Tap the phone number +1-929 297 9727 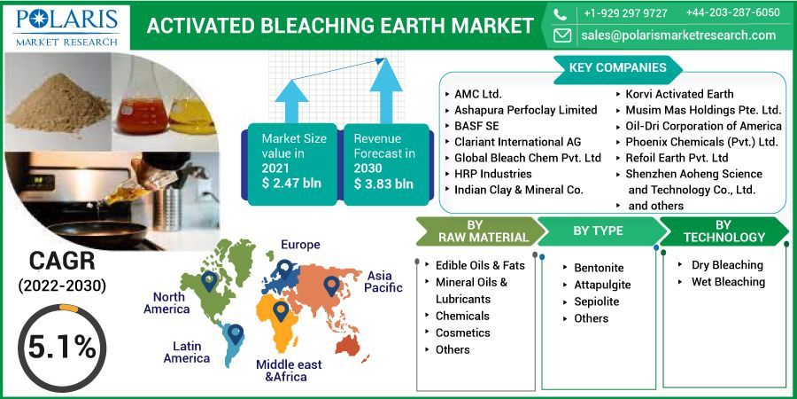pos(625,12)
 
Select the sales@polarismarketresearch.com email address pos(677,35)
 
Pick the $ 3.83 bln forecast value pos(383,184)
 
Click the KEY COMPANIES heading pos(617,67)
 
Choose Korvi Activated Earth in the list pos(679,94)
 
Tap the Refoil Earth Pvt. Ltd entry pos(677,158)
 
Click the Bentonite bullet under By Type pos(599,268)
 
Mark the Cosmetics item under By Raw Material pos(462,332)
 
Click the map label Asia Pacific pos(384,282)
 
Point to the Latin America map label pos(187,352)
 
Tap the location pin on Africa pos(281,311)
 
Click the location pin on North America pos(209,280)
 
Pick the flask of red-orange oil pos(142,106)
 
